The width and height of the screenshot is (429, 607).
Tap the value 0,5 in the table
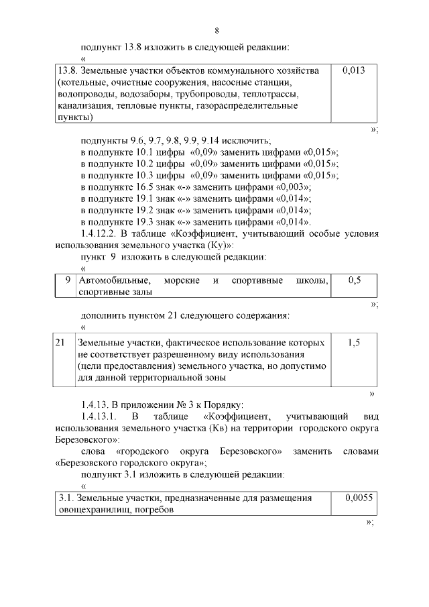(x=354, y=280)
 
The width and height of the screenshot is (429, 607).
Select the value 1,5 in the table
(x=354, y=342)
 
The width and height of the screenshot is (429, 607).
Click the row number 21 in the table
(x=60, y=342)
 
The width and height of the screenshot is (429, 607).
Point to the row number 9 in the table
(x=68, y=280)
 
